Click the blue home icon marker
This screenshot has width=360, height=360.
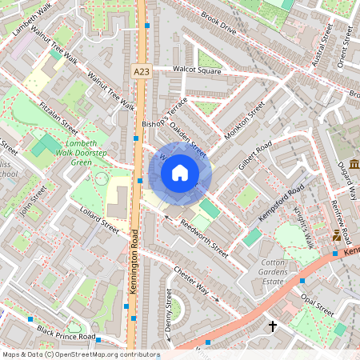point(180,173)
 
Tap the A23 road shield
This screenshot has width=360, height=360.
point(141,72)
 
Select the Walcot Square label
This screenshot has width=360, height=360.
point(197,70)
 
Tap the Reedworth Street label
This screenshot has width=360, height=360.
point(204,236)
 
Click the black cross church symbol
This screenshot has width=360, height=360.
point(272,326)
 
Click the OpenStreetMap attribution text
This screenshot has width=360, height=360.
point(81,354)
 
